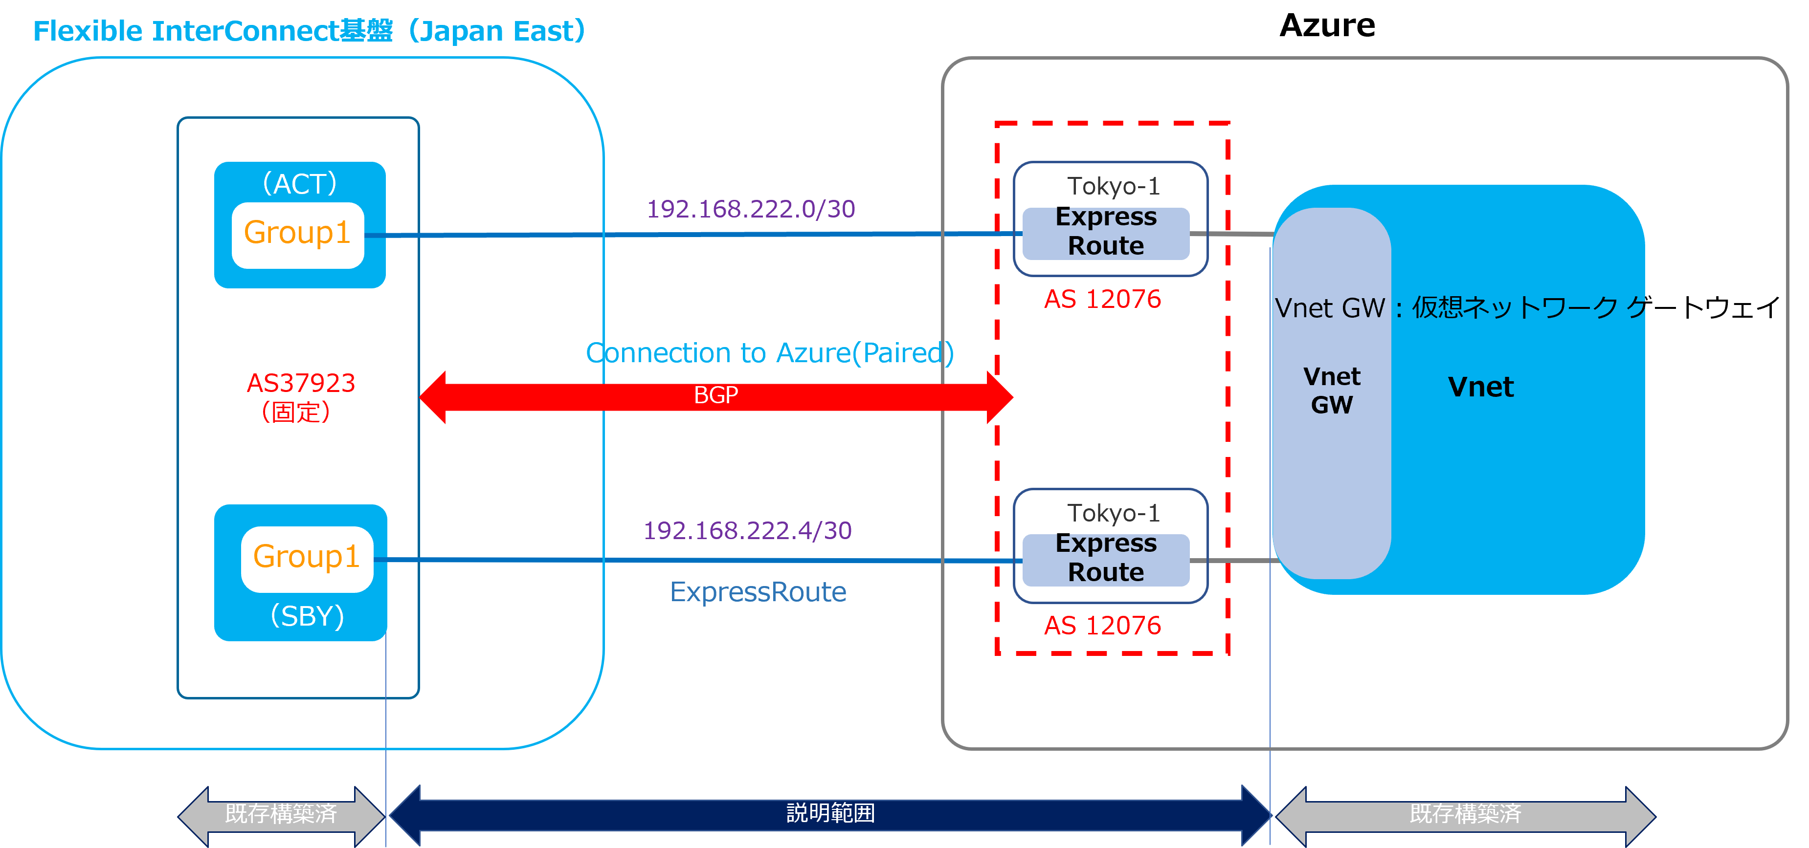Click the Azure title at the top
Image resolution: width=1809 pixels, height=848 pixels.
(1327, 26)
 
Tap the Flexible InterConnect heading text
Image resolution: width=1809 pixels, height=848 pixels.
(310, 31)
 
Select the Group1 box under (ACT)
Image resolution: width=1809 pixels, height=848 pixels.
(298, 235)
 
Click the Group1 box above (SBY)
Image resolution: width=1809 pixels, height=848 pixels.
(307, 559)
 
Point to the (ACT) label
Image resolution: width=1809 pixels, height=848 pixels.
(300, 183)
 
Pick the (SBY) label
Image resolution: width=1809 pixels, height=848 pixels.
(308, 616)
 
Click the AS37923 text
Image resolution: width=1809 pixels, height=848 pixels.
(301, 383)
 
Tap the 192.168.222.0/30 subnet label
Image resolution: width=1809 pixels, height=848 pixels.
(751, 209)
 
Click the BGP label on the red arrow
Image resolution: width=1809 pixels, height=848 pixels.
(715, 395)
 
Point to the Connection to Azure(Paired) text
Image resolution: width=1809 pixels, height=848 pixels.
(770, 352)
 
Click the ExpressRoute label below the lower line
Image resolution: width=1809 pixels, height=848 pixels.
(758, 592)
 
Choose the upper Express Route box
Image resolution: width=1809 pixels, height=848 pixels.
(1106, 232)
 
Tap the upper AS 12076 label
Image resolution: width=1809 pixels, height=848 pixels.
(1102, 299)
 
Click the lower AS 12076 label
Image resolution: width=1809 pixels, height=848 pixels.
(1102, 626)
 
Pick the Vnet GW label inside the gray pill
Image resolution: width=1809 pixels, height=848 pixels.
(1332, 391)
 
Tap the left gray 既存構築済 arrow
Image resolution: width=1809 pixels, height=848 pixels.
(281, 815)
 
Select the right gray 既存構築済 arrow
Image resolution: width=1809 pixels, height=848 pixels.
(1466, 815)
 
